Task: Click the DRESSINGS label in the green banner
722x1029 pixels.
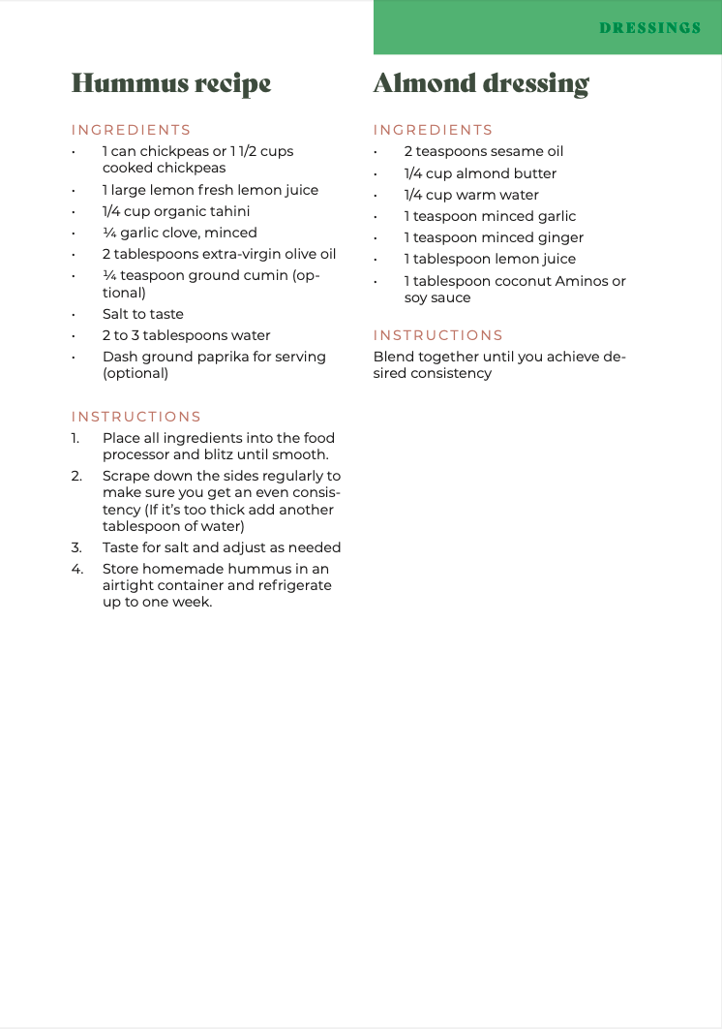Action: [x=649, y=28]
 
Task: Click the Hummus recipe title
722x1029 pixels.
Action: [x=171, y=83]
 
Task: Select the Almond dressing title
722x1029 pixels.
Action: [x=481, y=83]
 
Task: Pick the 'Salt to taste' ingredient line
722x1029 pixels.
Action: [x=142, y=314]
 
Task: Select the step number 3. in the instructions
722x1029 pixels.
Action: [x=76, y=547]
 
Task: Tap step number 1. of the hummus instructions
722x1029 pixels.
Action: [x=75, y=438]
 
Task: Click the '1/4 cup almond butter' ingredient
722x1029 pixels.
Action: [x=480, y=173]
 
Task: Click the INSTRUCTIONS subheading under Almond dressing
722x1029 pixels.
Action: [x=438, y=335]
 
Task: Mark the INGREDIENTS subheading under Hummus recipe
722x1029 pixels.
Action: [x=131, y=130]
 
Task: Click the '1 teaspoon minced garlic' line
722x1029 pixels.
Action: [x=490, y=216]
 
